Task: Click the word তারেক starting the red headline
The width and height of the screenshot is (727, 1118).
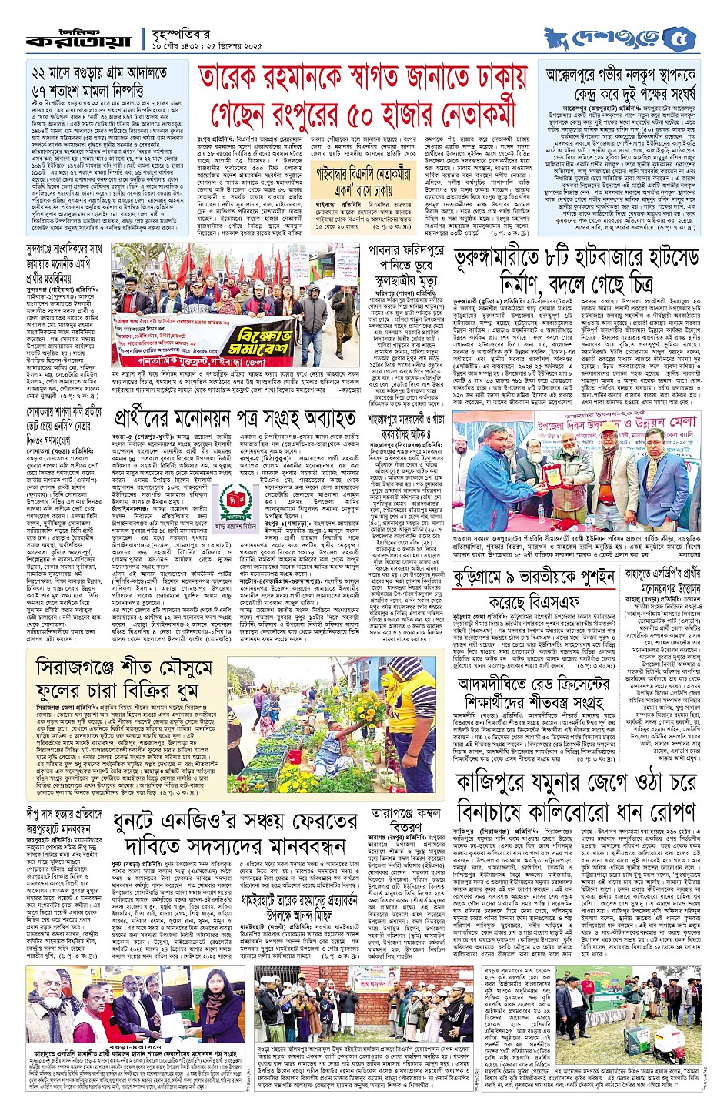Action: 238,79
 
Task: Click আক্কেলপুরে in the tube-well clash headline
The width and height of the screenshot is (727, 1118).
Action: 582,75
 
